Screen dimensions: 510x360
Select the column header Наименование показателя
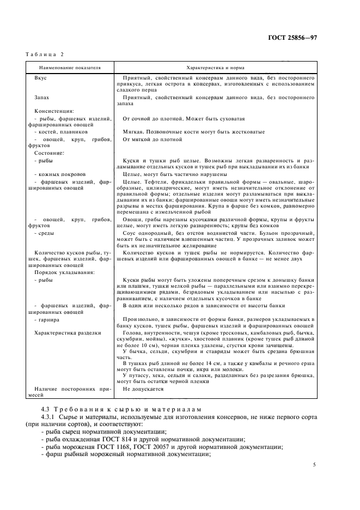[70, 68]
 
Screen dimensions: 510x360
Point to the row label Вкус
[40, 78]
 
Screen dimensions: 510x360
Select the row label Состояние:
[49, 153]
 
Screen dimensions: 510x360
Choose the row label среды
[45, 232]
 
